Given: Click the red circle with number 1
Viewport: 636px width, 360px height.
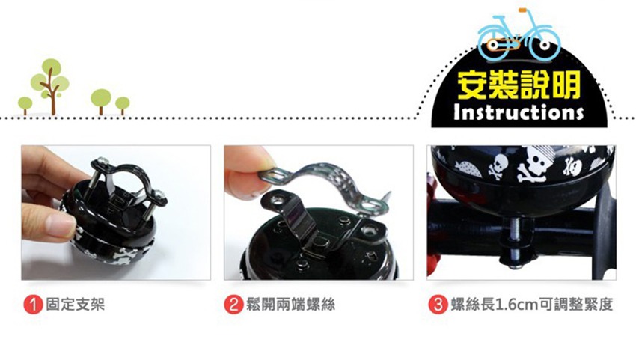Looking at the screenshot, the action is coord(33,305).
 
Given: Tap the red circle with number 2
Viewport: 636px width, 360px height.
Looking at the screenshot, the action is coord(233,305).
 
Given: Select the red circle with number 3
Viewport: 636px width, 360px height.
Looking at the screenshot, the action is coord(438,305).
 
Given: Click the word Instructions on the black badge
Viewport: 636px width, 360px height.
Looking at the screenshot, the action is coord(519,112).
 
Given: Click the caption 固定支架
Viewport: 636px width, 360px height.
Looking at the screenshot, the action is coord(75,304).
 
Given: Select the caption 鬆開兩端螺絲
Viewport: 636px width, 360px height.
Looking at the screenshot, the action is coord(291,304).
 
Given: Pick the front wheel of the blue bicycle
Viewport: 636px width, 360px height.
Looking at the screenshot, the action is coord(545,45).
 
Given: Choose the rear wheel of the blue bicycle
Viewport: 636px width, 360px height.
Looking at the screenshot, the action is coord(493,45).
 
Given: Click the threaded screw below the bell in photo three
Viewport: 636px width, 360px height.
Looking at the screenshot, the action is coord(516,243).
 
